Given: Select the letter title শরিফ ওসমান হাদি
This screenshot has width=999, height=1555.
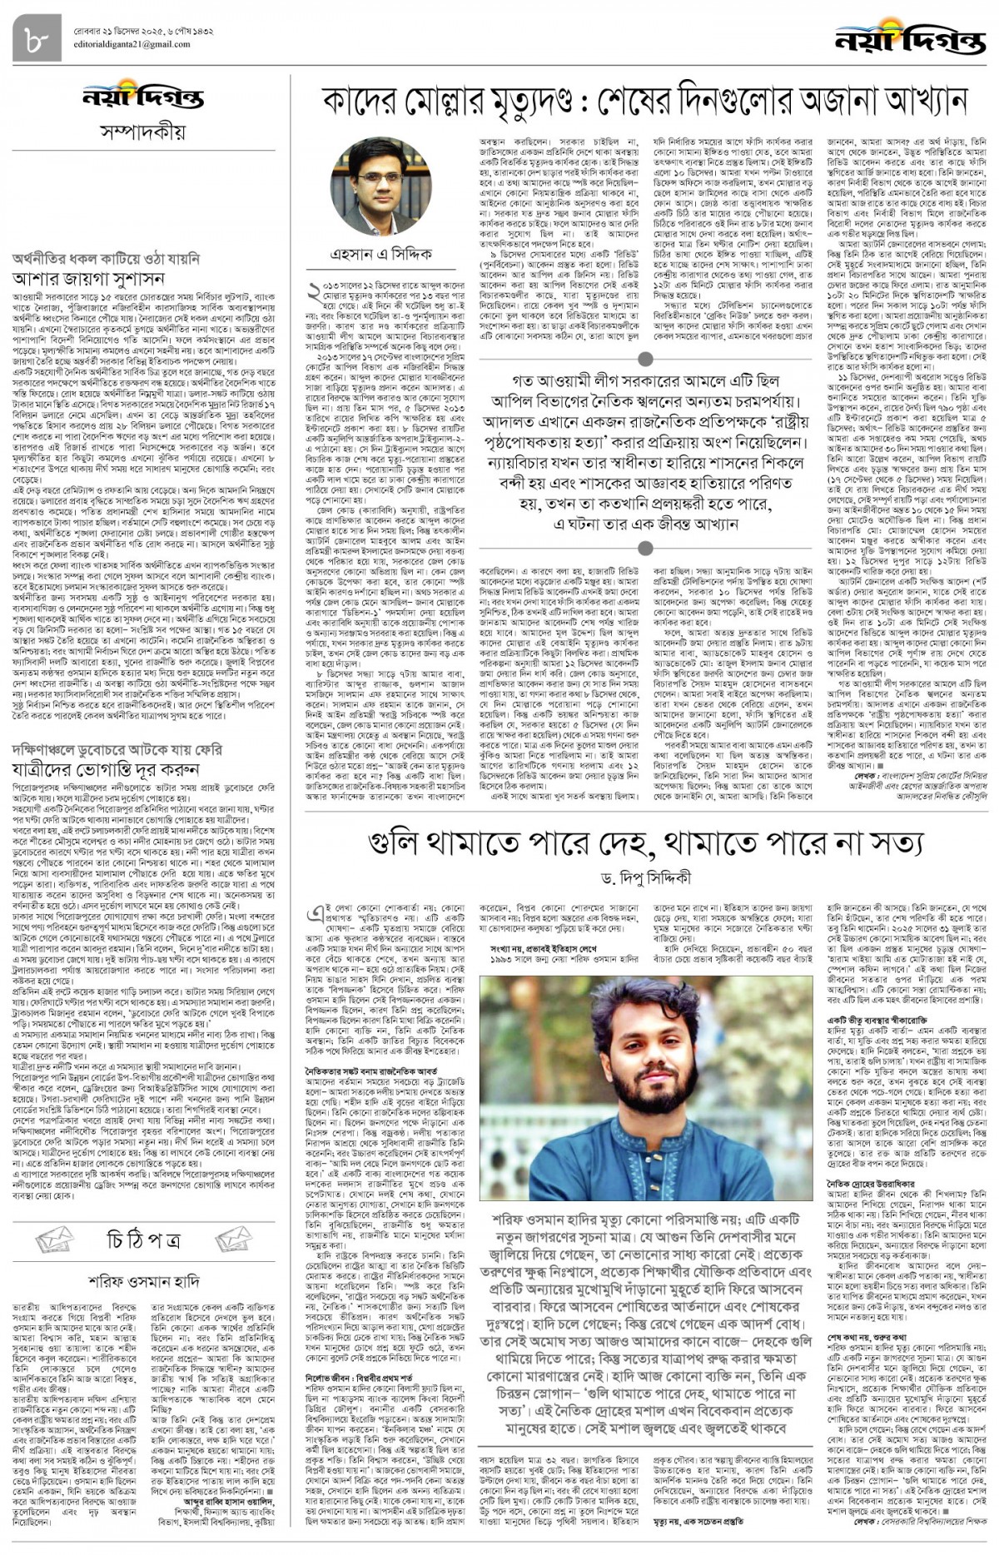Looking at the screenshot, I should (x=142, y=1281).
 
